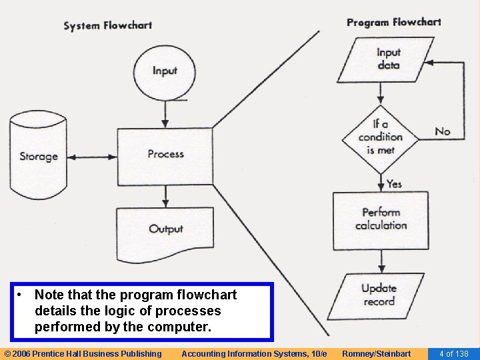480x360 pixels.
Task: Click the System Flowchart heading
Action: coord(107,26)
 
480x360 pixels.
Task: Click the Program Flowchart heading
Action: coord(393,22)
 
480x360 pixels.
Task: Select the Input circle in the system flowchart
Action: coord(165,71)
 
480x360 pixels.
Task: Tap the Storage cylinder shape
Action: coord(39,157)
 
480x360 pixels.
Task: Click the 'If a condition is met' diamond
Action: coord(380,137)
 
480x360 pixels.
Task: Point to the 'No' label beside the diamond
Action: coord(442,131)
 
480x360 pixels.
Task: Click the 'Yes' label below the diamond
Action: coord(394,183)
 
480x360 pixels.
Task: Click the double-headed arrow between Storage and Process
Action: coord(93,157)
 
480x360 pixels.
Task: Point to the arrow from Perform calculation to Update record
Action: coord(381,261)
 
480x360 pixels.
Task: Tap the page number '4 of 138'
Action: coord(453,353)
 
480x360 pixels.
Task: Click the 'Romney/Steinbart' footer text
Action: coord(376,353)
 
